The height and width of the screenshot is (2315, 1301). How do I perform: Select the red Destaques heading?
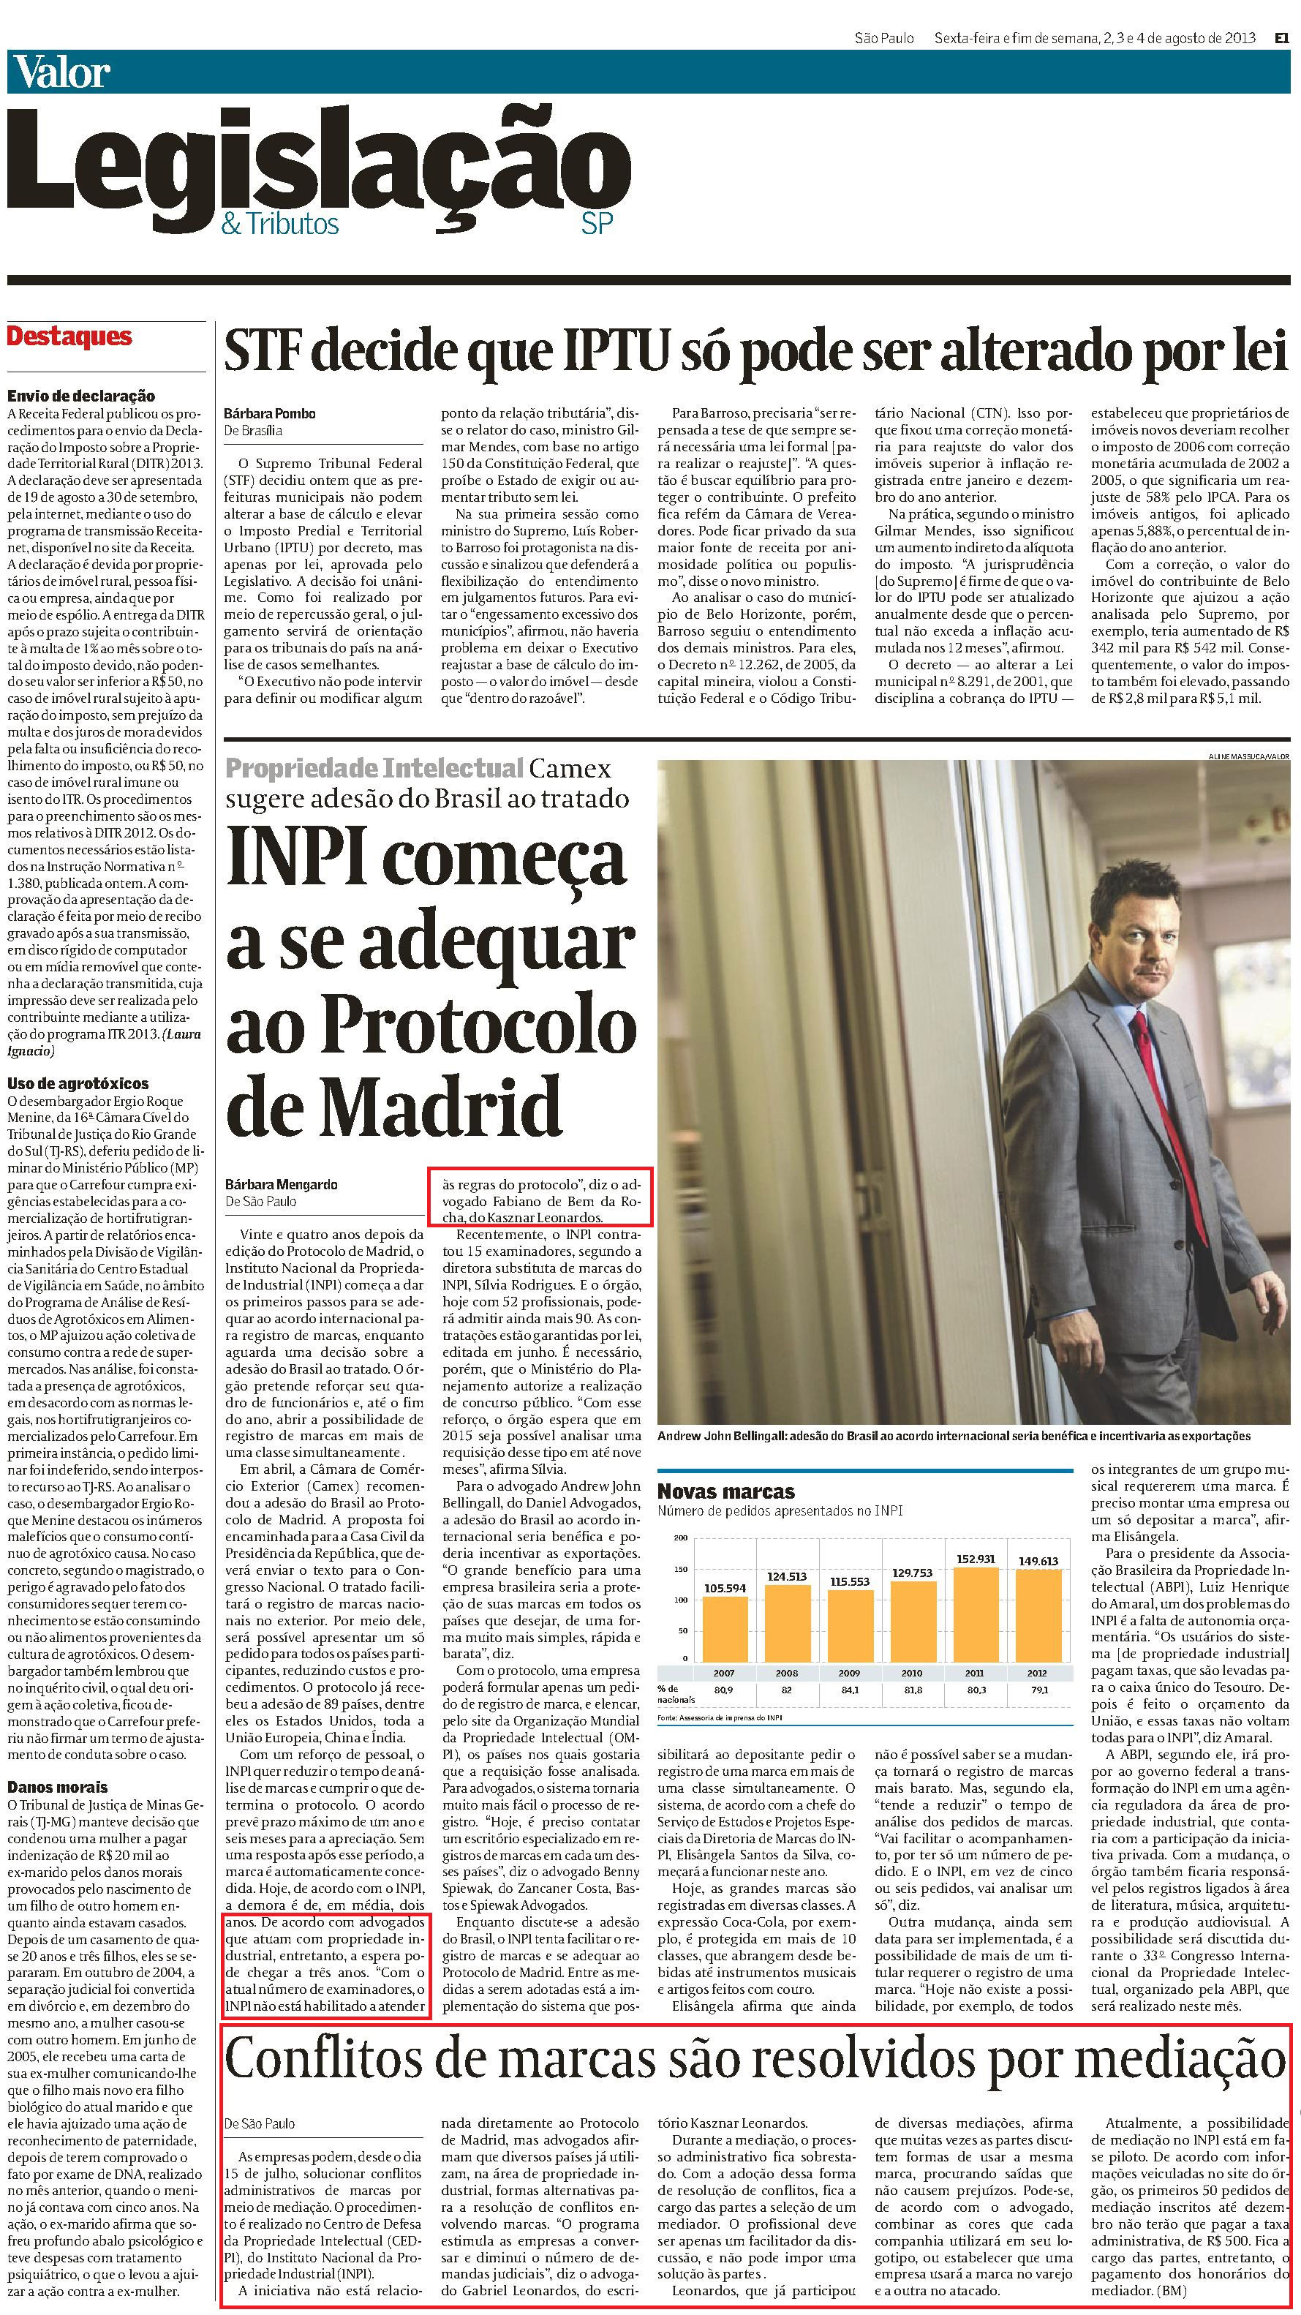(x=69, y=337)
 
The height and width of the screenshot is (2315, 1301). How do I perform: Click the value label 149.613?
(x=1038, y=1561)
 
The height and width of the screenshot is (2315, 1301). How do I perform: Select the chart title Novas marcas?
(x=726, y=1491)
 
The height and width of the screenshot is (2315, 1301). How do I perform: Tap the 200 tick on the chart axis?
(x=680, y=1537)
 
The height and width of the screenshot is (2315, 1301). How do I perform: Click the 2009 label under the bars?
(x=849, y=1674)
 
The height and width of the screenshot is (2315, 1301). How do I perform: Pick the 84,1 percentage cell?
(x=849, y=1690)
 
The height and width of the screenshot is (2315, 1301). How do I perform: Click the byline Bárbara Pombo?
(x=270, y=413)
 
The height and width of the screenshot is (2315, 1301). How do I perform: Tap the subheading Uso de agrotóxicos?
(x=78, y=1083)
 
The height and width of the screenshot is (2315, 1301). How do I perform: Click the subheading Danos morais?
(x=58, y=1787)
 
